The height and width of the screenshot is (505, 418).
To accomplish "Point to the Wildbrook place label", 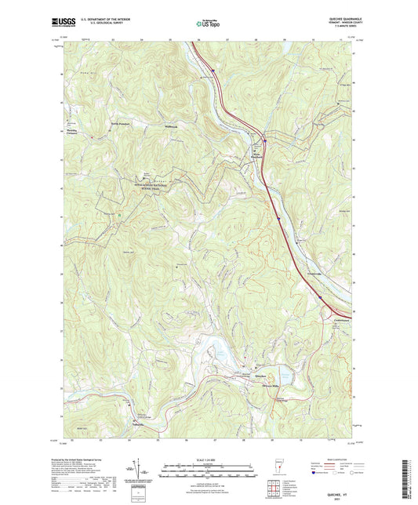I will click(171, 125).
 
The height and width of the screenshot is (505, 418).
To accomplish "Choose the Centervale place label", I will click(334, 319).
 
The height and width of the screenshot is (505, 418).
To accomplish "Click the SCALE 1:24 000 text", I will click(209, 459).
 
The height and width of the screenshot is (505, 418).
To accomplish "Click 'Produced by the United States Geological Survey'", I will click(83, 460).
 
